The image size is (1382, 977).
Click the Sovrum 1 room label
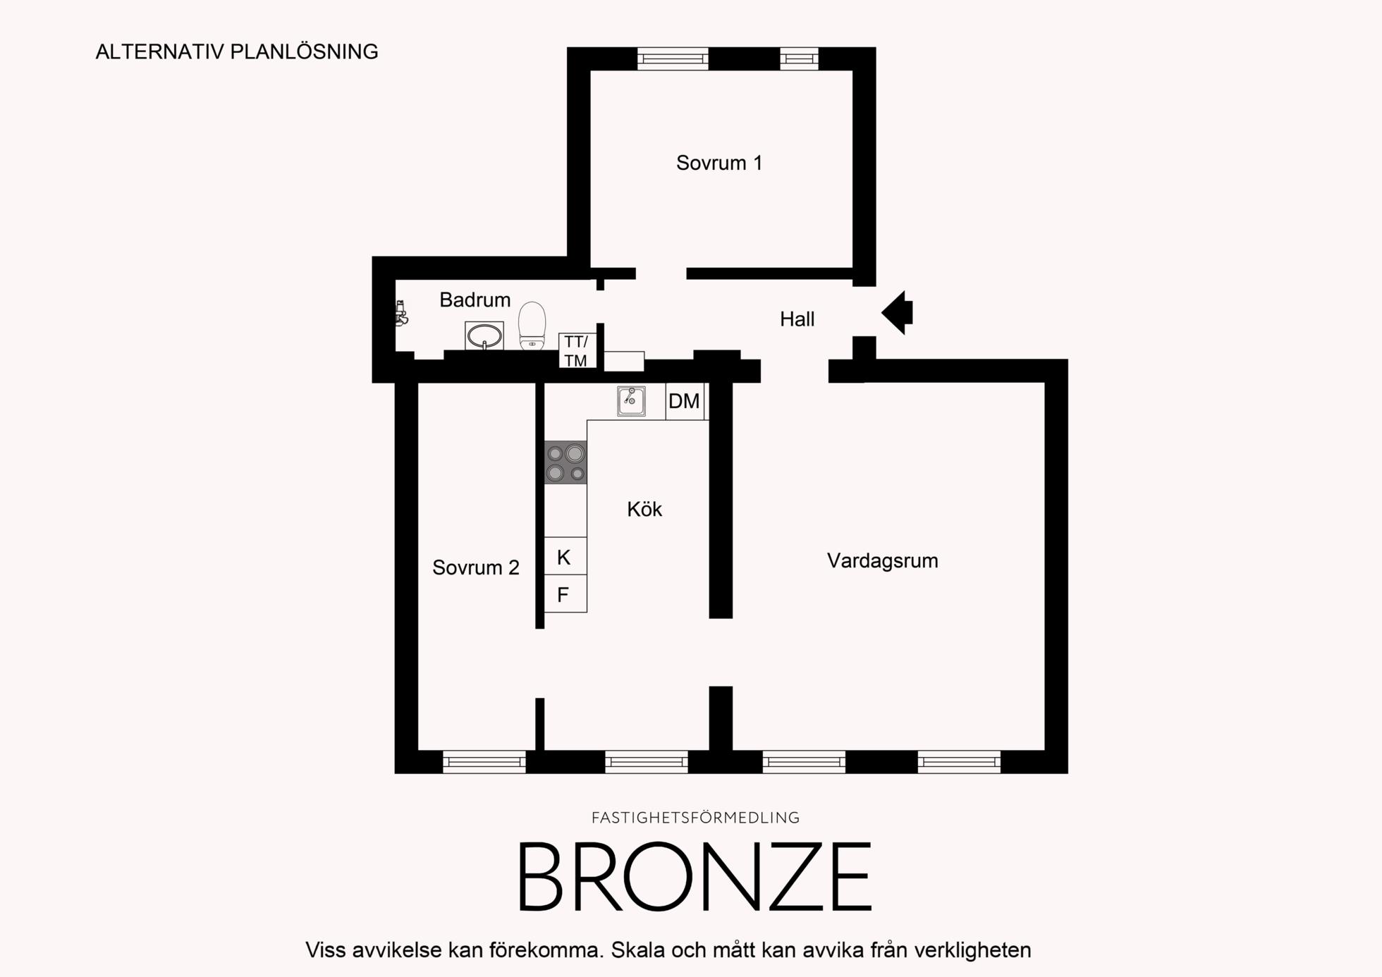click(719, 163)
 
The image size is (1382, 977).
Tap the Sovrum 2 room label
click(476, 567)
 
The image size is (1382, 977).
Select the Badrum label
click(475, 300)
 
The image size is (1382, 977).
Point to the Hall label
click(797, 319)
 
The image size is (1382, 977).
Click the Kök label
click(644, 509)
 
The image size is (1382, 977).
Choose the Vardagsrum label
click(882, 560)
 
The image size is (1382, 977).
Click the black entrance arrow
click(897, 312)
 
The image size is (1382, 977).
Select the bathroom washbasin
click(484, 336)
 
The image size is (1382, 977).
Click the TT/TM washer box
click(577, 350)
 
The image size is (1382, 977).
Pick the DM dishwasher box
click(685, 401)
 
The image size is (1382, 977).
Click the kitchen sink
click(631, 400)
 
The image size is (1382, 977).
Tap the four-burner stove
click(565, 462)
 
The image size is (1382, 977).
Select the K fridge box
click(565, 556)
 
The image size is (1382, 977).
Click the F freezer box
click(565, 594)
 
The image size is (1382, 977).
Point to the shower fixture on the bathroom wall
click(401, 314)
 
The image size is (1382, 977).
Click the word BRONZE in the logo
click(695, 876)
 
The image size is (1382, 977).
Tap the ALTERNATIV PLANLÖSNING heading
click(237, 51)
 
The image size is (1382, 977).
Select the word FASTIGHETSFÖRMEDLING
click(695, 818)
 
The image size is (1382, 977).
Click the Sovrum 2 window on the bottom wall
click(484, 762)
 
